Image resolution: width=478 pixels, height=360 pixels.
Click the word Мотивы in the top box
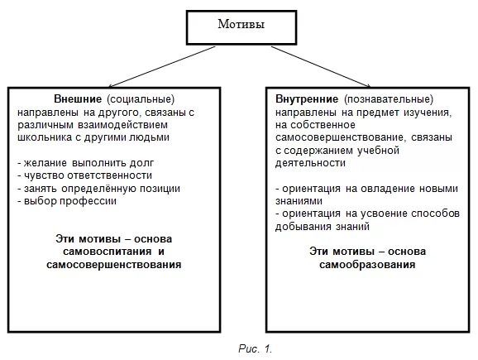(241, 24)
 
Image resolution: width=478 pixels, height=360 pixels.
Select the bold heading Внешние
(78, 98)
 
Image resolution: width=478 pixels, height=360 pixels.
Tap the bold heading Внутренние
(307, 99)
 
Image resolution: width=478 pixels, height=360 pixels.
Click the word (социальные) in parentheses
(141, 99)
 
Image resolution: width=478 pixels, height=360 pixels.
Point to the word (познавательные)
(389, 99)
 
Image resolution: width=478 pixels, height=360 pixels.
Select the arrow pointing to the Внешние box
(162, 67)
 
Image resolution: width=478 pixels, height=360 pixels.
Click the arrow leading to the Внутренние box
(321, 67)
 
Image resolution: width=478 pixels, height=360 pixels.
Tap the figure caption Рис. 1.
(255, 348)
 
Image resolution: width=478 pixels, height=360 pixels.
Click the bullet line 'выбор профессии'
(67, 201)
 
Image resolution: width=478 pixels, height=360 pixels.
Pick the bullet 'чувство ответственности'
(84, 175)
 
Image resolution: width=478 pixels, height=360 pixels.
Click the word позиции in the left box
(160, 189)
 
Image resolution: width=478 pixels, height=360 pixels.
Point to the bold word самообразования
(367, 264)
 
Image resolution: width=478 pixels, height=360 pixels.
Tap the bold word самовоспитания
(107, 252)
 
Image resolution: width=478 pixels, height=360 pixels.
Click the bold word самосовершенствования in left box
(113, 264)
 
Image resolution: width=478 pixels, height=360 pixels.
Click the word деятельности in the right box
(310, 163)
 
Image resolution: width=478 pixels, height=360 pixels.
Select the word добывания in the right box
(303, 227)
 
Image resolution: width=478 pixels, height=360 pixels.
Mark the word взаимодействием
(123, 125)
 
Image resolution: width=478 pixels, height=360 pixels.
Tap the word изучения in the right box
(428, 113)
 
